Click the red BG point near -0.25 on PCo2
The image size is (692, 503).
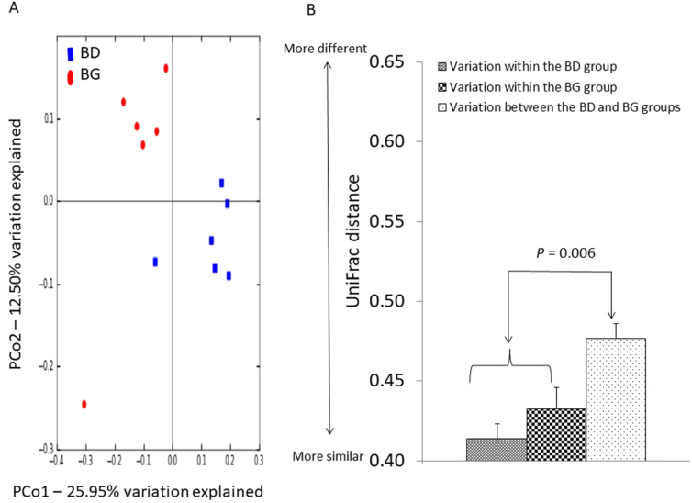click(84, 404)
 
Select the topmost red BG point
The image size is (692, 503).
click(166, 68)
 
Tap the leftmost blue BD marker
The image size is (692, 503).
click(155, 263)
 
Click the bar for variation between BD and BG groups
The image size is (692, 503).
click(616, 399)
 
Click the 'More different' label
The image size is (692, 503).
click(325, 48)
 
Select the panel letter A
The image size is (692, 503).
click(9, 10)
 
